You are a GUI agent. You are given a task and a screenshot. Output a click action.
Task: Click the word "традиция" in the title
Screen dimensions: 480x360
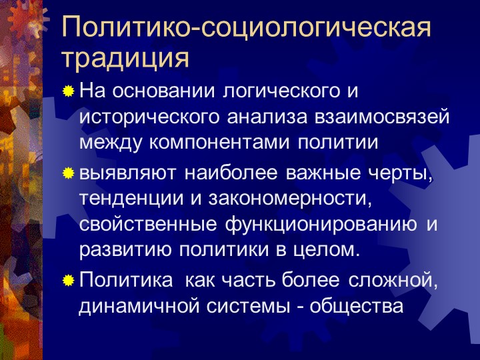click(125, 59)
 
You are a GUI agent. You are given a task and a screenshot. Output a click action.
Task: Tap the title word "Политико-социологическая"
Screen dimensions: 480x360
click(247, 27)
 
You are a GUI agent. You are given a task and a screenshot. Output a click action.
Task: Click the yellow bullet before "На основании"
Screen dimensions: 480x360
click(68, 91)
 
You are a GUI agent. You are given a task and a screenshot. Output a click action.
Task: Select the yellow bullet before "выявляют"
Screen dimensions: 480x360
click(68, 173)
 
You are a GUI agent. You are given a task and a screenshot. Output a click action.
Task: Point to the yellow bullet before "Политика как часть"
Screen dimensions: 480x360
click(68, 280)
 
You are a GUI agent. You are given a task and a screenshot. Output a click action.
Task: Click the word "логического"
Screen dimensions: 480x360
click(281, 91)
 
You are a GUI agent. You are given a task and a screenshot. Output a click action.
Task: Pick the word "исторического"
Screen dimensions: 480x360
click(149, 117)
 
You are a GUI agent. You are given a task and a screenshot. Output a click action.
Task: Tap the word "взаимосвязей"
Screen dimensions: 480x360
click(383, 117)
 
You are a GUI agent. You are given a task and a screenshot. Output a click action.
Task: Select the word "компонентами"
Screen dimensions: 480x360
click(219, 143)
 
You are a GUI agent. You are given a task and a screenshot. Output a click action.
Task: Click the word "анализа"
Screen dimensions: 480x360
click(267, 117)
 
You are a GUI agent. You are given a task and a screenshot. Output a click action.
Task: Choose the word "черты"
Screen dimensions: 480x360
click(399, 174)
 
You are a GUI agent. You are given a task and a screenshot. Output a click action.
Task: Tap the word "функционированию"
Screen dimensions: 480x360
click(321, 225)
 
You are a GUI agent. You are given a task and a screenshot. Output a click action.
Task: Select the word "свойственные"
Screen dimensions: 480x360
click(148, 225)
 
